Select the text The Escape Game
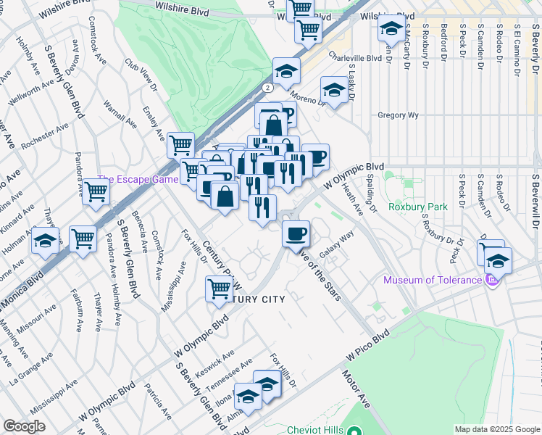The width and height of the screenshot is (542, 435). tap(137, 180)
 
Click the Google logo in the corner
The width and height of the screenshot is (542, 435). tap(24, 426)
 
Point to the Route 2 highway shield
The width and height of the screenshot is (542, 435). tap(267, 87)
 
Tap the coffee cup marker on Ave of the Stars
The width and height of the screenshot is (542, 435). tap(296, 234)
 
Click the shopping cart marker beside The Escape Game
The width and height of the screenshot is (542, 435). tap(96, 192)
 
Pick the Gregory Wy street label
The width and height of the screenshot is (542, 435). tap(399, 115)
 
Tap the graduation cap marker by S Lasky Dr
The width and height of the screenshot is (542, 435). tap(333, 90)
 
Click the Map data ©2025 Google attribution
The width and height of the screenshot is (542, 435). tap(497, 429)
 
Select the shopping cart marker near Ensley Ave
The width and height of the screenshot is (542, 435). tap(180, 144)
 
